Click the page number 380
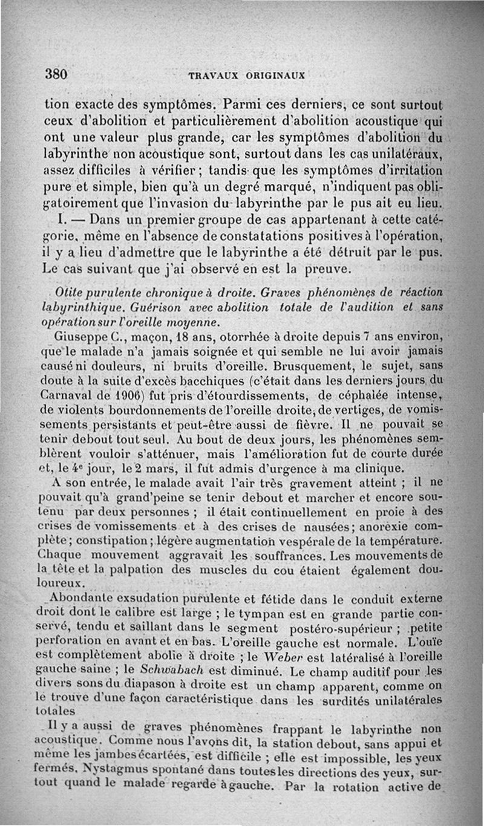tap(55, 74)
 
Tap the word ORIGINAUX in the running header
tap(275, 76)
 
